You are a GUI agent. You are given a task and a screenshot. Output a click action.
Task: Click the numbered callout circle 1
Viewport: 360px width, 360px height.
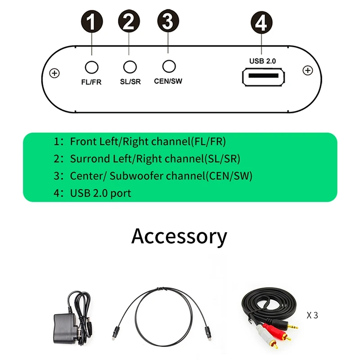(x=92, y=22)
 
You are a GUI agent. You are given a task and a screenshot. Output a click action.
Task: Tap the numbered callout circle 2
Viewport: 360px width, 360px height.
(x=129, y=22)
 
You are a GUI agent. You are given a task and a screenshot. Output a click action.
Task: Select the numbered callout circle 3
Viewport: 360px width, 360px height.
(x=168, y=22)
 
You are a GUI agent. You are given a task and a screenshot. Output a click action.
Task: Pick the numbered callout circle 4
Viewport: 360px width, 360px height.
(x=261, y=22)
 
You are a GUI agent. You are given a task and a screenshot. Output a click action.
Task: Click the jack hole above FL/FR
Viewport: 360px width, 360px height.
(x=92, y=67)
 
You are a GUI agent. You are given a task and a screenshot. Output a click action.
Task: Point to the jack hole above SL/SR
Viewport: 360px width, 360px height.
(x=130, y=67)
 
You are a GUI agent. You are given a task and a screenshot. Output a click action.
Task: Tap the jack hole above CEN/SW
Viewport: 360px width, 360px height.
(x=168, y=66)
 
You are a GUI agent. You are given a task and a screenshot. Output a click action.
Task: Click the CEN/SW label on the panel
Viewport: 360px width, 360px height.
(x=168, y=81)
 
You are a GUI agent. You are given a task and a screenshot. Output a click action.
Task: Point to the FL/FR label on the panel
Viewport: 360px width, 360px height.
(x=92, y=83)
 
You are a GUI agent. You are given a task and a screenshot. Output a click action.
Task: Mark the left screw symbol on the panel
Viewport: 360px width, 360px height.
(x=54, y=73)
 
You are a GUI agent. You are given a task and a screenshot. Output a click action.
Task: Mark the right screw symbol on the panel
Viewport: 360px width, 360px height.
(x=307, y=71)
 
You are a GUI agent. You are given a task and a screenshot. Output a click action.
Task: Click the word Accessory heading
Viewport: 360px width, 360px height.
(x=179, y=236)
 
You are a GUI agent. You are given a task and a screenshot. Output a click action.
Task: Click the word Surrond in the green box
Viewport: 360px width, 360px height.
(x=90, y=159)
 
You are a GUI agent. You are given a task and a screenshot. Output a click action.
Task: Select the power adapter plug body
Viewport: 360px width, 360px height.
(x=65, y=324)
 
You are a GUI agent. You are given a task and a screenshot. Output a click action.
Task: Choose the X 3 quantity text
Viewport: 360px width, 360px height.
(x=312, y=315)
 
